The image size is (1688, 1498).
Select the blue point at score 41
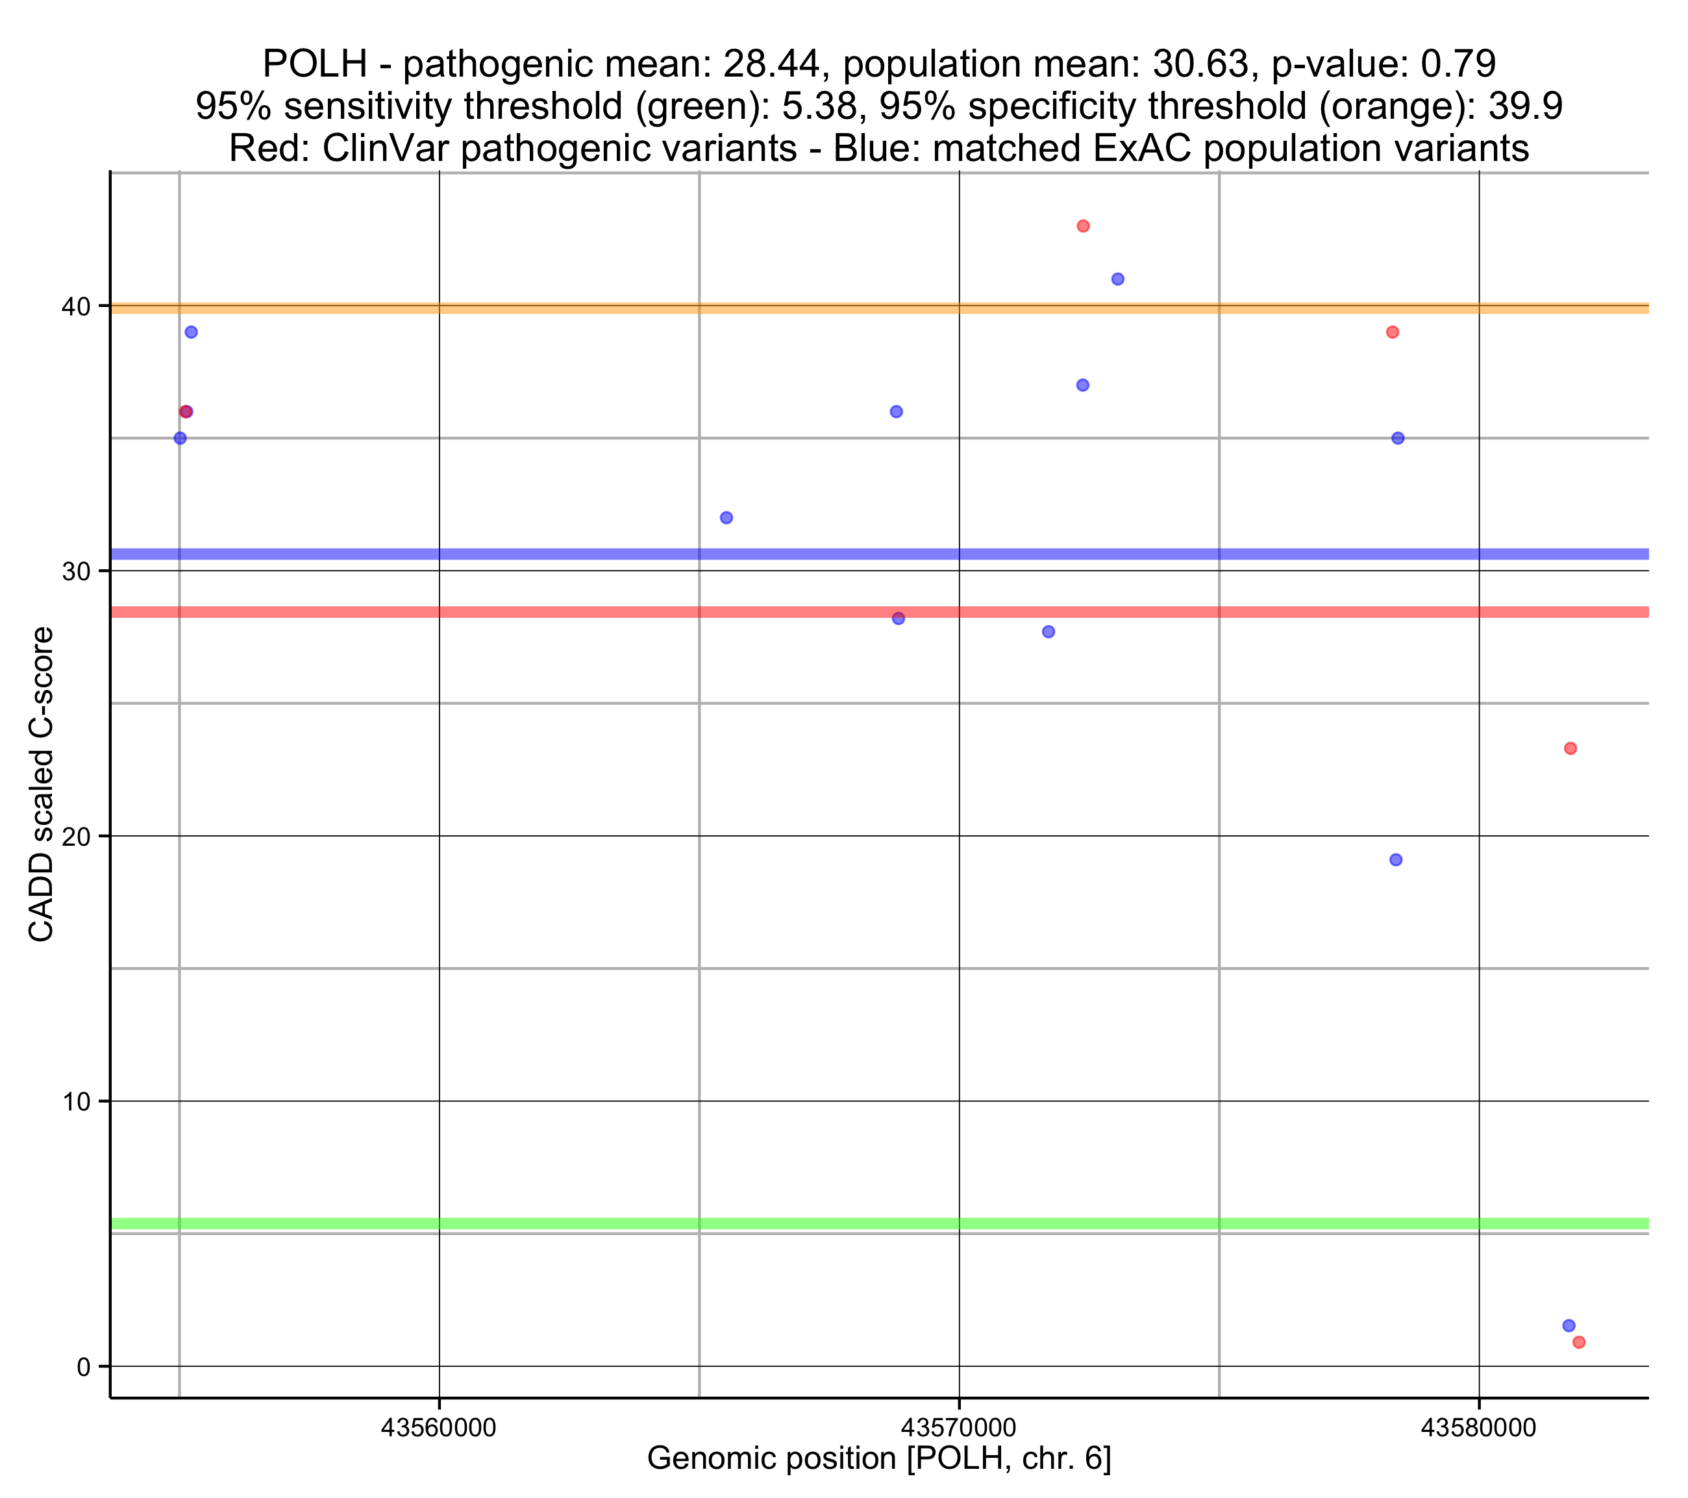[x=1117, y=279]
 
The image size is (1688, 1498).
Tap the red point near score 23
[x=1570, y=748]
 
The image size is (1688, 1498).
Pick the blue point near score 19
[x=1396, y=859]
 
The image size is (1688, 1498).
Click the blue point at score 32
[x=726, y=518]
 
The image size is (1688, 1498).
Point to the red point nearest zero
[x=1578, y=1342]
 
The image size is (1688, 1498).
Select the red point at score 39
[x=1393, y=332]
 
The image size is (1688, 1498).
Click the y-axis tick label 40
[x=76, y=306]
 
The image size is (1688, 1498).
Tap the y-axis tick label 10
[x=76, y=1101]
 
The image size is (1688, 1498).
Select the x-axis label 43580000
[x=1478, y=1427]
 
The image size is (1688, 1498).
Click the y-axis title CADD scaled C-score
[x=42, y=785]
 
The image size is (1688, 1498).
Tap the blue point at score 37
[x=1083, y=385]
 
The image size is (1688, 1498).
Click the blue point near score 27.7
[x=1048, y=632]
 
